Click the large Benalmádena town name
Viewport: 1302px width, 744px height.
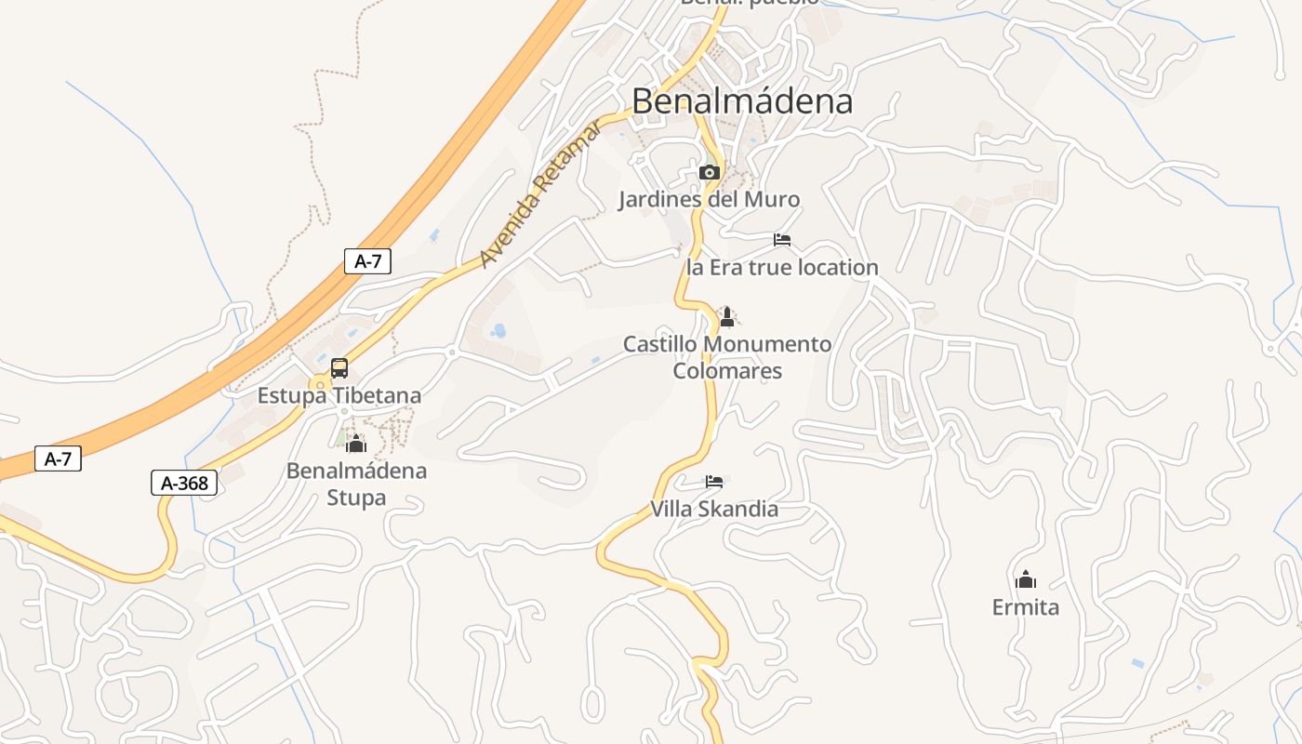pyautogui.click(x=742, y=100)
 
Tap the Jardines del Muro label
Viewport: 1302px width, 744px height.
pyautogui.click(x=709, y=199)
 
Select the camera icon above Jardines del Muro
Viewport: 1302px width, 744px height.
pyautogui.click(x=709, y=172)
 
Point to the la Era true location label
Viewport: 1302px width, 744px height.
pyautogui.click(x=782, y=268)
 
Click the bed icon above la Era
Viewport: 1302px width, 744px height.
pyautogui.click(x=782, y=240)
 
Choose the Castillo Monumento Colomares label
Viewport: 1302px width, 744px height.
pyautogui.click(x=727, y=357)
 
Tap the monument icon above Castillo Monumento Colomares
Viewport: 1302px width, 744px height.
pyautogui.click(x=727, y=317)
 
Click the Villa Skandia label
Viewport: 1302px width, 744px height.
pyautogui.click(x=714, y=509)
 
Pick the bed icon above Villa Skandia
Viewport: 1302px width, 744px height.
pyautogui.click(x=714, y=482)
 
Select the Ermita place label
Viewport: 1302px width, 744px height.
pyautogui.click(x=1026, y=607)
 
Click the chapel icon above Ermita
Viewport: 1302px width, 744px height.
pyautogui.click(x=1026, y=579)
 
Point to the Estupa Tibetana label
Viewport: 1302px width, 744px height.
pyautogui.click(x=339, y=395)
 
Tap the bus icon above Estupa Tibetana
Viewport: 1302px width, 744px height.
pyautogui.click(x=339, y=367)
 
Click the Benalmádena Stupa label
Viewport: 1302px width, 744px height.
pyautogui.click(x=356, y=484)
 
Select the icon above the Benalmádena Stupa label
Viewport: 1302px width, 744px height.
pyautogui.click(x=356, y=443)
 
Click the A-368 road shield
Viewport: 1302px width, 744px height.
pyautogui.click(x=184, y=483)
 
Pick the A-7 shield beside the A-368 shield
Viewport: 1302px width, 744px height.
pyautogui.click(x=58, y=458)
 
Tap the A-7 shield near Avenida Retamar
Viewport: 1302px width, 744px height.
pyautogui.click(x=367, y=261)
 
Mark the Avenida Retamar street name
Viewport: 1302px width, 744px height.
pyautogui.click(x=541, y=193)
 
